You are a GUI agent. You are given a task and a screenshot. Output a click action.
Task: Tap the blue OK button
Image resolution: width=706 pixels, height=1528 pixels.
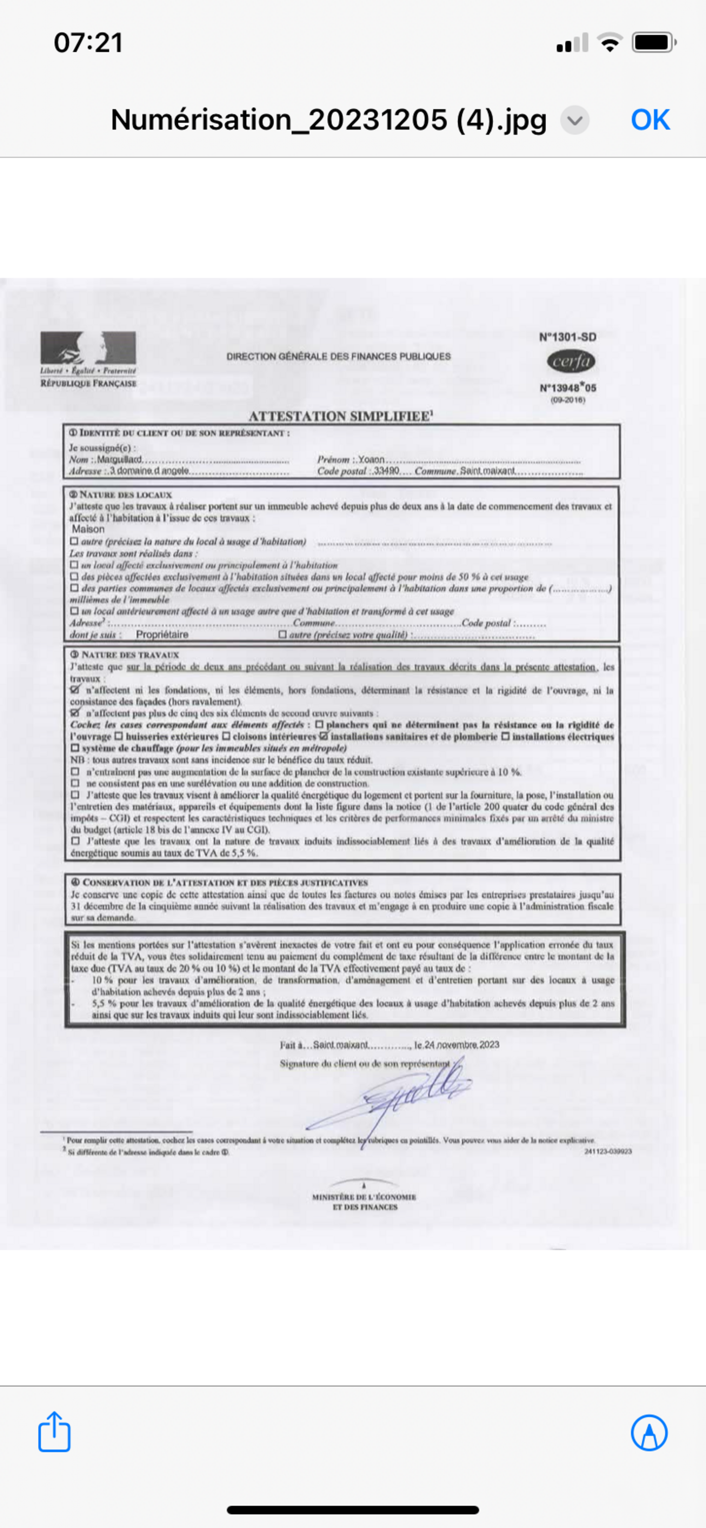click(650, 120)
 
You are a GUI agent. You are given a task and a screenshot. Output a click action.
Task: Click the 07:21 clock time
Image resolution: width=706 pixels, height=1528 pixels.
click(88, 43)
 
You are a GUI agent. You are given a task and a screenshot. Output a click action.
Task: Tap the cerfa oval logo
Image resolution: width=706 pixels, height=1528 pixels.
click(571, 361)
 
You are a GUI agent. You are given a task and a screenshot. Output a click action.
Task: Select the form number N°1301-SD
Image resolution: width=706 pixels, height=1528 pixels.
click(568, 337)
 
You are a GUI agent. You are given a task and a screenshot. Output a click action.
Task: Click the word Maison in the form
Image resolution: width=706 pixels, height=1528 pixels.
click(88, 529)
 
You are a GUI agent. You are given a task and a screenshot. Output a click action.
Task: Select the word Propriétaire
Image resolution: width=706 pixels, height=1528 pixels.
click(162, 635)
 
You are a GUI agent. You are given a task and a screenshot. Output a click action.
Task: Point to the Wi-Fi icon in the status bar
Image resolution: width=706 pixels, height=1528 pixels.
click(609, 43)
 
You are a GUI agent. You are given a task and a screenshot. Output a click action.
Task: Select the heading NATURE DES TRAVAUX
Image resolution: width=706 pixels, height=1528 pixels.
click(129, 655)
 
